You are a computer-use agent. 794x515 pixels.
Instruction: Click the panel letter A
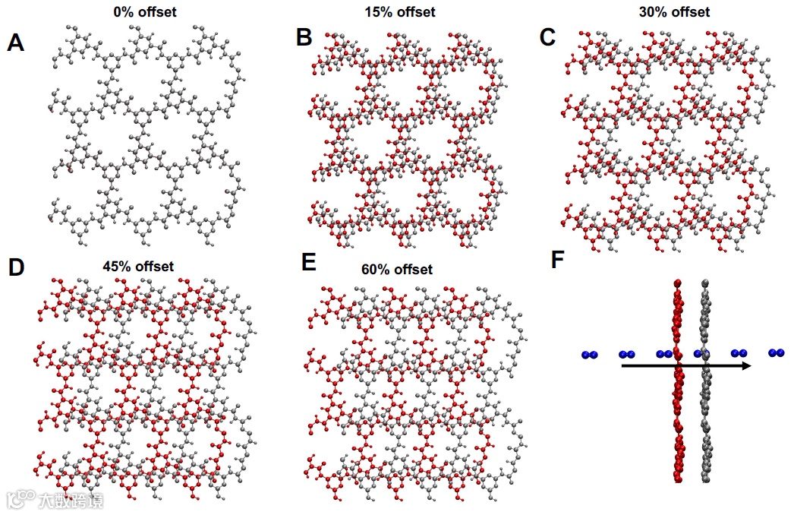pyautogui.click(x=15, y=43)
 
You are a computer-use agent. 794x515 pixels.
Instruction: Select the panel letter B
pyautogui.click(x=304, y=37)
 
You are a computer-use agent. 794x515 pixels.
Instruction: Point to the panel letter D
pyautogui.click(x=17, y=267)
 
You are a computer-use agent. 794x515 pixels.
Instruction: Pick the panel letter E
pyautogui.click(x=307, y=262)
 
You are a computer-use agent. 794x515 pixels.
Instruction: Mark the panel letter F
pyautogui.click(x=558, y=260)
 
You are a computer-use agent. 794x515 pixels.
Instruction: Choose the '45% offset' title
pyautogui.click(x=138, y=266)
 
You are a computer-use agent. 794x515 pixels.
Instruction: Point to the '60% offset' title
pyautogui.click(x=397, y=270)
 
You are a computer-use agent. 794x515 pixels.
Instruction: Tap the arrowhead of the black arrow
pyautogui.click(x=746, y=365)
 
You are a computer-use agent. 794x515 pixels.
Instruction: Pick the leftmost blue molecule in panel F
pyautogui.click(x=589, y=355)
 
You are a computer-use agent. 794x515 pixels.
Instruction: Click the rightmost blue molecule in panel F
pyautogui.click(x=776, y=352)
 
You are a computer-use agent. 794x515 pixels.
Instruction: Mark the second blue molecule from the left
pyautogui.click(x=627, y=354)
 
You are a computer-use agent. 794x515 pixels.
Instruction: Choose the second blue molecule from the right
pyautogui.click(x=739, y=352)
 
